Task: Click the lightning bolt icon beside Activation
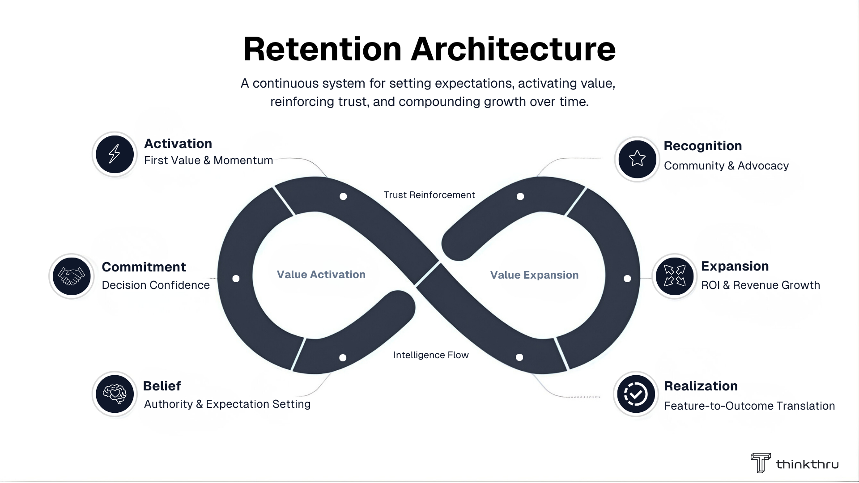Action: (115, 154)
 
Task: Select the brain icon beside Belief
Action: (115, 394)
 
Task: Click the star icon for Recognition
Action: (637, 159)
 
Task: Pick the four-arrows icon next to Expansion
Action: (674, 276)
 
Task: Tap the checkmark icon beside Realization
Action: (636, 394)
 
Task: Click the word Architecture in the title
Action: (513, 49)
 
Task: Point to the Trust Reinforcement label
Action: (429, 195)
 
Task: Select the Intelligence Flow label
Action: (431, 355)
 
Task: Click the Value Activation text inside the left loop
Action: (321, 275)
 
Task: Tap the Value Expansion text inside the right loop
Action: (534, 275)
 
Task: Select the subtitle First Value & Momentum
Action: (208, 161)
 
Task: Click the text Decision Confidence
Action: (156, 285)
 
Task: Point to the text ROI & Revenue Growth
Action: (760, 285)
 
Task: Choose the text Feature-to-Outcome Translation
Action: (749, 406)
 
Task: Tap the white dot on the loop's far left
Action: (236, 279)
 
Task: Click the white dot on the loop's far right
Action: (627, 279)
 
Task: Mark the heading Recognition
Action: (702, 146)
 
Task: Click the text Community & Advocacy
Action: (726, 166)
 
